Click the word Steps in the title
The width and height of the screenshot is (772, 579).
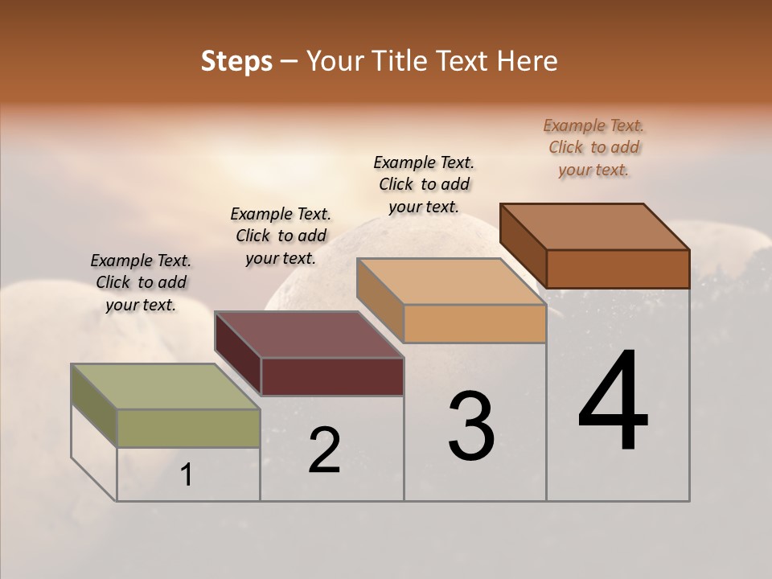(236, 61)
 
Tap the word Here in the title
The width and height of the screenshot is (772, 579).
(528, 61)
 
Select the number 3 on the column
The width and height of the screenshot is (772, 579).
(470, 426)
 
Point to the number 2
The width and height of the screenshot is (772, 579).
(324, 450)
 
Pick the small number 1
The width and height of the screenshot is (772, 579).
(187, 475)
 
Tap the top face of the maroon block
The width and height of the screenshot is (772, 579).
(309, 335)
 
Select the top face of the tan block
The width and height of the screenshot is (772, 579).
(451, 281)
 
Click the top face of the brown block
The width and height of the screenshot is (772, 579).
(594, 227)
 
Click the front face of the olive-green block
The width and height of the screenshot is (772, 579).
(188, 428)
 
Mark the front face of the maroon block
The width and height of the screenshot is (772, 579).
(332, 376)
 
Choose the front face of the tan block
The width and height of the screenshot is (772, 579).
(474, 324)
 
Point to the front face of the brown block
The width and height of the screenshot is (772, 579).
(618, 269)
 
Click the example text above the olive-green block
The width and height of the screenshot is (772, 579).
(141, 282)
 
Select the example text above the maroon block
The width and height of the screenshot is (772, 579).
(281, 236)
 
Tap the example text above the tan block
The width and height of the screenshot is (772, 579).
(424, 184)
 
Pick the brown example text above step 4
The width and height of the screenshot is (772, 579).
(593, 147)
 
